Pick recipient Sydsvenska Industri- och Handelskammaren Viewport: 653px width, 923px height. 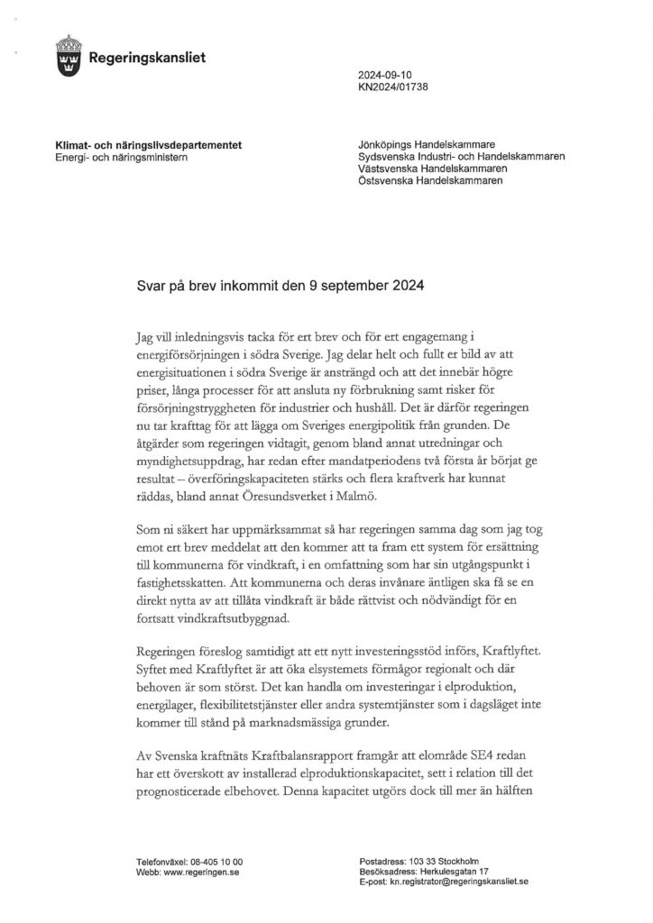[x=461, y=157]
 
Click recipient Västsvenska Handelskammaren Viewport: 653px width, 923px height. [x=432, y=169]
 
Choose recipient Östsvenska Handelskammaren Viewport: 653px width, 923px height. [x=431, y=180]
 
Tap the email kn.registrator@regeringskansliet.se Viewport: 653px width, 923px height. [x=459, y=883]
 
